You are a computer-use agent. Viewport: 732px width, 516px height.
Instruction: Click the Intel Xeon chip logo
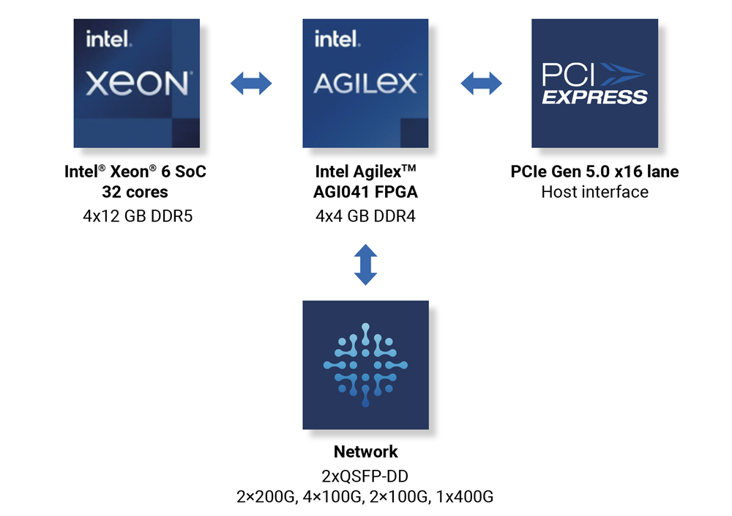(x=137, y=84)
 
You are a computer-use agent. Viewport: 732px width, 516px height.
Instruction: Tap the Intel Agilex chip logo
(x=365, y=84)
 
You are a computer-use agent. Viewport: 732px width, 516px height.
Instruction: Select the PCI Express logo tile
(x=594, y=84)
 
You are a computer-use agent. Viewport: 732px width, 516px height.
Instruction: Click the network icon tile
(x=365, y=364)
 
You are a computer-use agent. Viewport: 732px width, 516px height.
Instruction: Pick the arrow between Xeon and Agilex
(x=251, y=84)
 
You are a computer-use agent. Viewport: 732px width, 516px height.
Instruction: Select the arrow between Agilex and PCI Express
(x=481, y=84)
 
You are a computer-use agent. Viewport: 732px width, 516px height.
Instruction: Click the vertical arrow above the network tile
(x=365, y=265)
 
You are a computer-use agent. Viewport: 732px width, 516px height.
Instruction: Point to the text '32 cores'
(x=135, y=192)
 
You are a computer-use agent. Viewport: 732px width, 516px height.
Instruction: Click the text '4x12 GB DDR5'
(x=136, y=216)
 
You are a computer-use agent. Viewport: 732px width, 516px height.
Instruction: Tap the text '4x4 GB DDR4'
(x=365, y=216)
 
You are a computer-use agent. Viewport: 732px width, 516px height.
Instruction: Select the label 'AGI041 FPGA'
(x=365, y=192)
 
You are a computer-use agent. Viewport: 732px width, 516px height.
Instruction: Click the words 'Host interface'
(x=594, y=192)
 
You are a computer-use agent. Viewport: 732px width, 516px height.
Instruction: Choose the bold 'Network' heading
(x=365, y=451)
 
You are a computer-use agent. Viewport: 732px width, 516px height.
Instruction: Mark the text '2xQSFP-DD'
(x=365, y=474)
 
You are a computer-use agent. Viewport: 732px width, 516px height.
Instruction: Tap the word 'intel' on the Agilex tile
(x=337, y=39)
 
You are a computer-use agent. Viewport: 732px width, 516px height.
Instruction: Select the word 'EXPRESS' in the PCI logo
(x=594, y=97)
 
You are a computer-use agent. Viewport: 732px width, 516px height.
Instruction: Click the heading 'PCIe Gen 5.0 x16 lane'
(x=594, y=172)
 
